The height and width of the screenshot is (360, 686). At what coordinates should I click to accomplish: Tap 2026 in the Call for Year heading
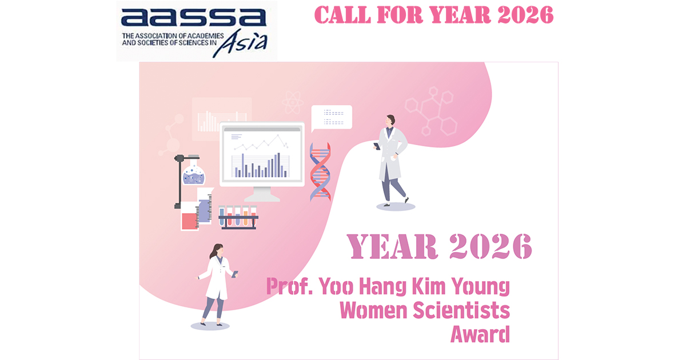(525, 15)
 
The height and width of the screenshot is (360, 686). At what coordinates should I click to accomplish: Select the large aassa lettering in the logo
(194, 18)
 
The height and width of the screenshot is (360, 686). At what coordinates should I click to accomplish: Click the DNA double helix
(320, 171)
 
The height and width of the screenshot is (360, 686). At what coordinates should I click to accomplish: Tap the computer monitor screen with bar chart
(262, 154)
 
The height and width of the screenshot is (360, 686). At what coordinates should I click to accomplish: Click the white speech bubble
(332, 118)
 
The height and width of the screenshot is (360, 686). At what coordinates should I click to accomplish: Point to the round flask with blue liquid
(194, 174)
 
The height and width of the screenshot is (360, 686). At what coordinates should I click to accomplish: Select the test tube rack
(238, 218)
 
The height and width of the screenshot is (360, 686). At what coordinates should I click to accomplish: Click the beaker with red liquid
(190, 217)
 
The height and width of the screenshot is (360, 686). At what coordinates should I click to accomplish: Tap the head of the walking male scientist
(390, 121)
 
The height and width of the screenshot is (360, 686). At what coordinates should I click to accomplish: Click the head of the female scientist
(217, 250)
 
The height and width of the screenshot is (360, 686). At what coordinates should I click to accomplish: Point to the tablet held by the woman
(234, 274)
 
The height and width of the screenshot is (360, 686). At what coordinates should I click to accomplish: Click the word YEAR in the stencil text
(392, 246)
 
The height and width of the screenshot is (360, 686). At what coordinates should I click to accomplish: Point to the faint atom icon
(293, 102)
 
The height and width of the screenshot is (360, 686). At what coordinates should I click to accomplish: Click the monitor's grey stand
(262, 194)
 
